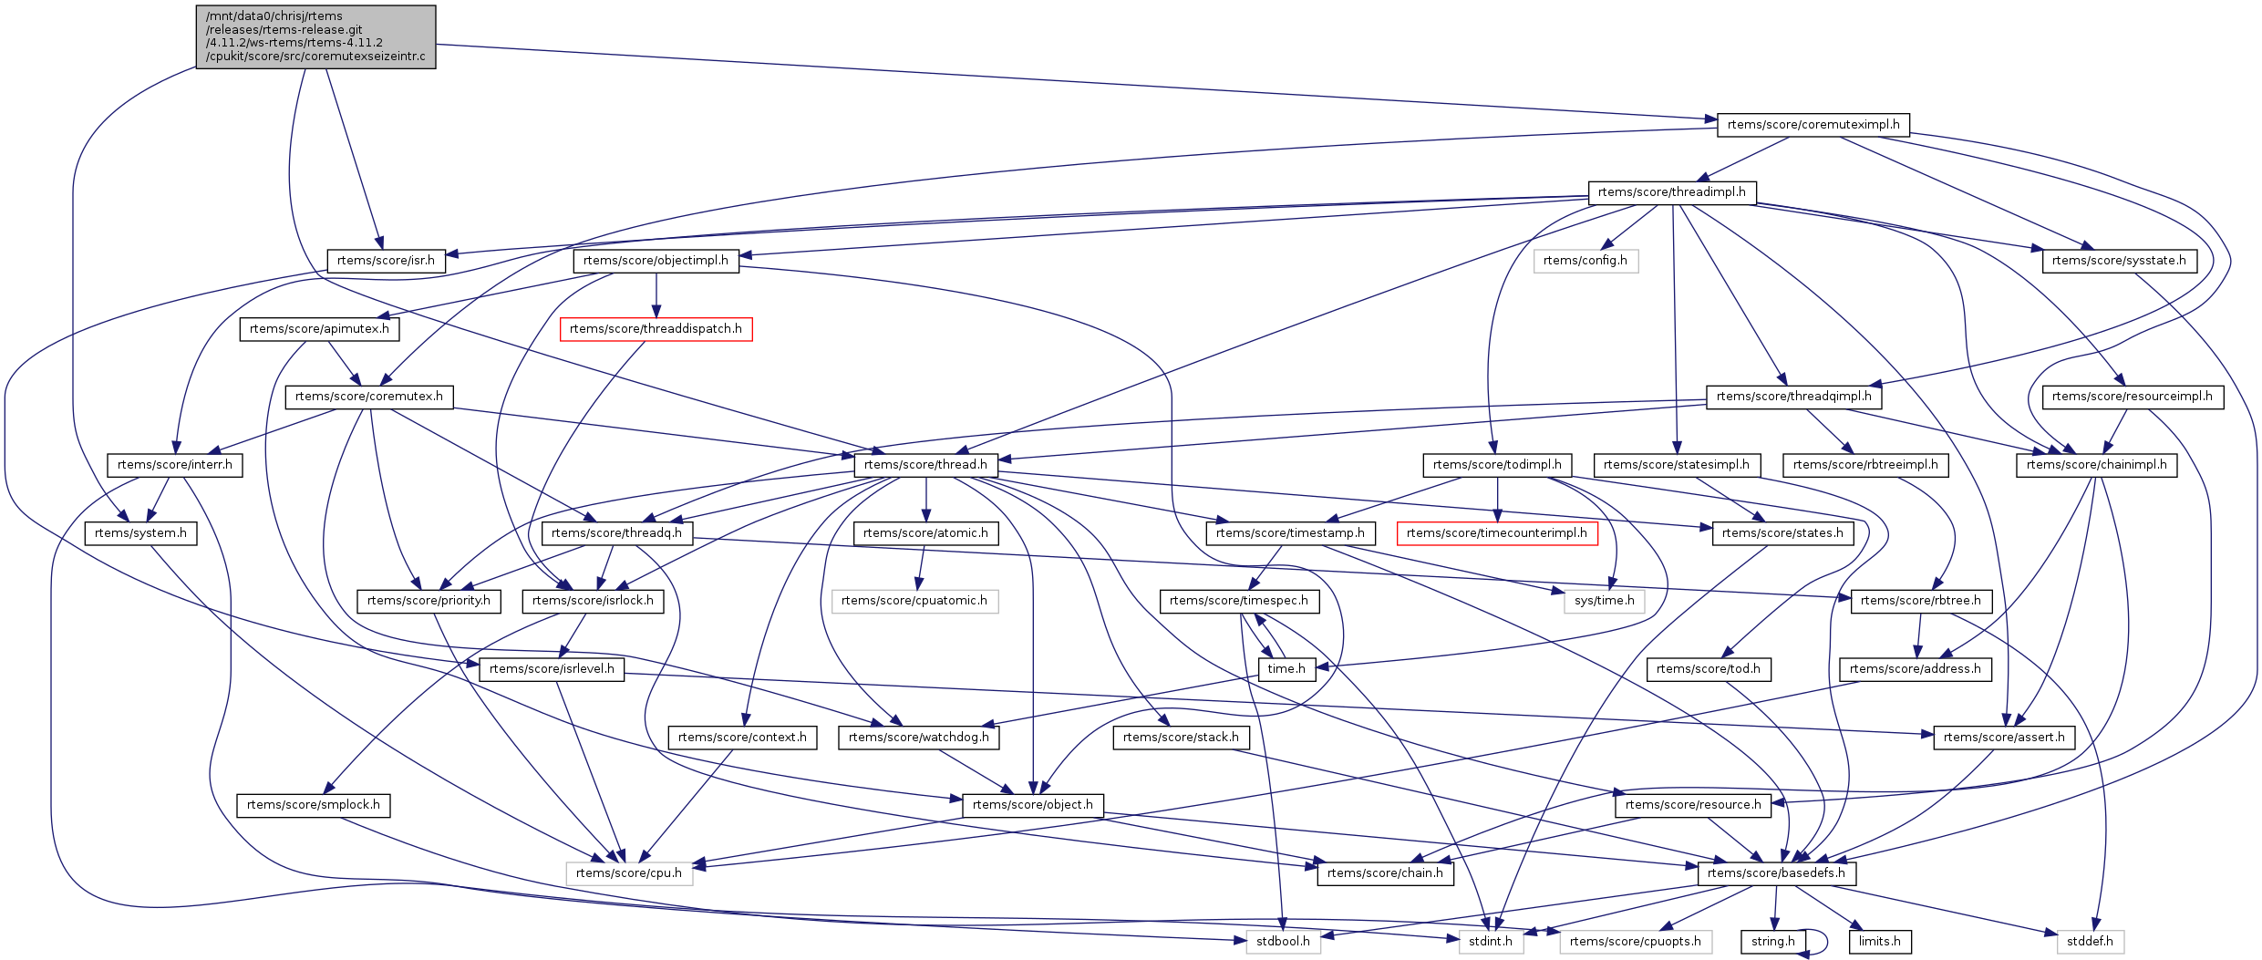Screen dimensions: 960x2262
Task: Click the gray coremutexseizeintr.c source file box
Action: [x=315, y=36]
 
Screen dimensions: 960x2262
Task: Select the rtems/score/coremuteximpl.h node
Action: [x=1813, y=124]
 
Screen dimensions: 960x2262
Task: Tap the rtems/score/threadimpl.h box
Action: [x=1671, y=192]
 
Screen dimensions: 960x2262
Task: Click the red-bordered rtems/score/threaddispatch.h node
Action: [x=656, y=328]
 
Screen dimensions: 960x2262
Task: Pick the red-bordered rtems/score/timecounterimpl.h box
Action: [x=1496, y=533]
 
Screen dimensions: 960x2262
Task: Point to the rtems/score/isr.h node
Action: [x=386, y=261]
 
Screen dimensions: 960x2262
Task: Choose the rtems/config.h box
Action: [x=1585, y=261]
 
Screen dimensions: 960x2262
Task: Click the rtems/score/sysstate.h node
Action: [x=2118, y=261]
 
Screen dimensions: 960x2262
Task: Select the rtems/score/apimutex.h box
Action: [x=319, y=328]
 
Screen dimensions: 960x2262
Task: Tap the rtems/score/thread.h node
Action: [x=925, y=465]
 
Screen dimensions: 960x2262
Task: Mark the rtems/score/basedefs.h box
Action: [x=1776, y=873]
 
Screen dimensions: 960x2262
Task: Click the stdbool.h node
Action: [x=1282, y=942]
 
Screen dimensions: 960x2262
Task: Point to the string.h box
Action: [x=1772, y=942]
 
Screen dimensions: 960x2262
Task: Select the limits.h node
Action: [x=1879, y=942]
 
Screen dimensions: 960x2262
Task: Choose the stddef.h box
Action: [x=2090, y=942]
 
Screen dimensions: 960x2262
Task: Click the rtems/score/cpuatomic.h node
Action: [x=914, y=601]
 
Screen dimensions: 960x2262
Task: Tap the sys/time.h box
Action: [x=1604, y=601]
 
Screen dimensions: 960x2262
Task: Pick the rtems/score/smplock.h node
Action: [x=313, y=805]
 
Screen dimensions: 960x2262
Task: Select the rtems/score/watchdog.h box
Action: [x=918, y=738]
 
